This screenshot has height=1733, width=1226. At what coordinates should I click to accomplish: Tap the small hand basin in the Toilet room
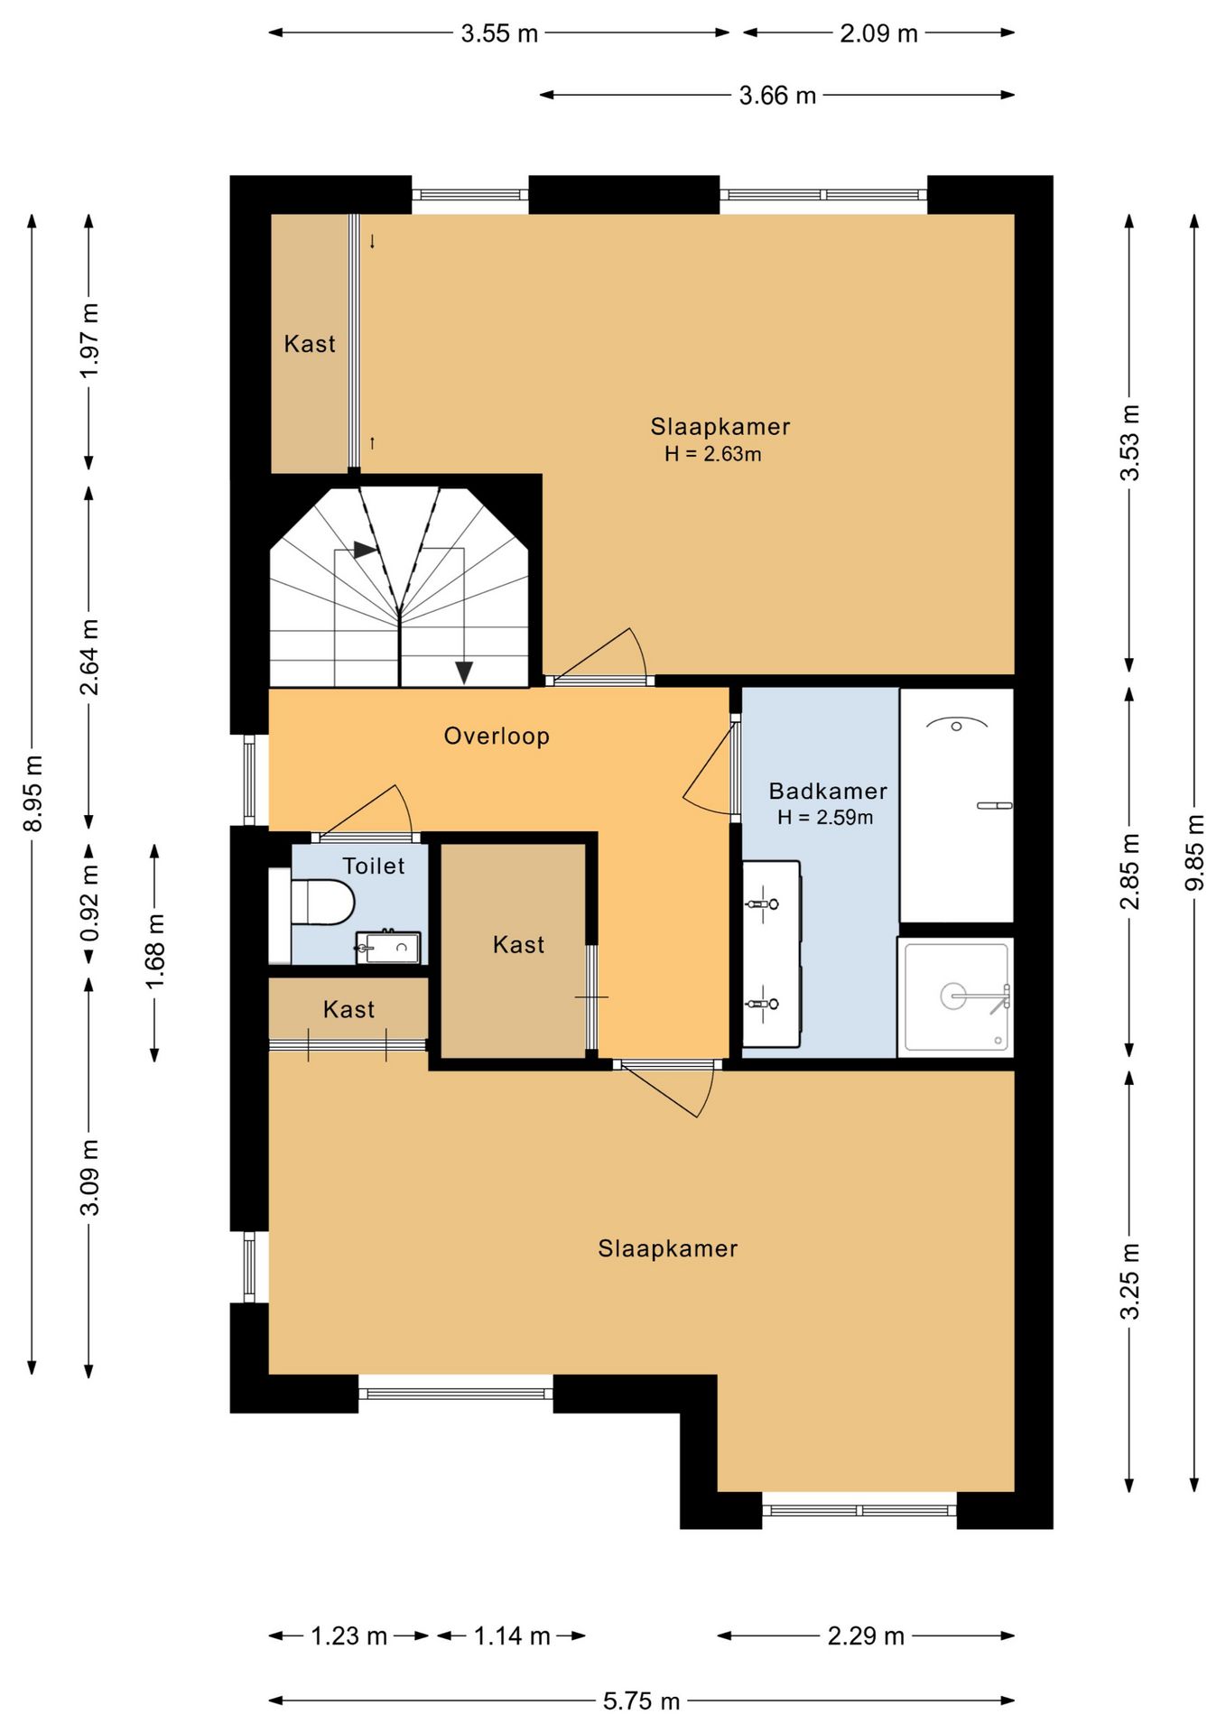(388, 947)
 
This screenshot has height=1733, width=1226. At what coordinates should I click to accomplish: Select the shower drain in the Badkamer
(953, 996)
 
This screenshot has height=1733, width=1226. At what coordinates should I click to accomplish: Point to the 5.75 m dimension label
(641, 1701)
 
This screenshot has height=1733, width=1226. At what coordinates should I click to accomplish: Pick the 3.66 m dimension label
(777, 95)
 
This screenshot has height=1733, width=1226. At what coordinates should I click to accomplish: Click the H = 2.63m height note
(713, 454)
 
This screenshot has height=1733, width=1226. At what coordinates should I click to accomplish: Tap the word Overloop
(497, 737)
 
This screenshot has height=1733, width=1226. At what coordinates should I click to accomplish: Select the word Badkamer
(828, 792)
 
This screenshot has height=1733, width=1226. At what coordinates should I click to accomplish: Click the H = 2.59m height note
(825, 818)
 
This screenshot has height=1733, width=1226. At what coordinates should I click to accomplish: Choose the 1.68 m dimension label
(155, 951)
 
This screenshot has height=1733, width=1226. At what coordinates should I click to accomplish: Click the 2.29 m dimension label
(866, 1636)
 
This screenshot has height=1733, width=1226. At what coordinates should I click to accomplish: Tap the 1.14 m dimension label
(512, 1636)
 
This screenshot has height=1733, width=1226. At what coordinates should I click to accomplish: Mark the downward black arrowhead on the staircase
(464, 672)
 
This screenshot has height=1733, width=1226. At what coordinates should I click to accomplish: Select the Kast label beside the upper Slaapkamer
(310, 344)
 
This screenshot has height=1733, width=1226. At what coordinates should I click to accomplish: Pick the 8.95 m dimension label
(33, 793)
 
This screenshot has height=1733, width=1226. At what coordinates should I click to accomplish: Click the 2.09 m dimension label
(878, 33)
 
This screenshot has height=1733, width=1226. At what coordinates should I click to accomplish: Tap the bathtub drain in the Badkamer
(957, 726)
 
